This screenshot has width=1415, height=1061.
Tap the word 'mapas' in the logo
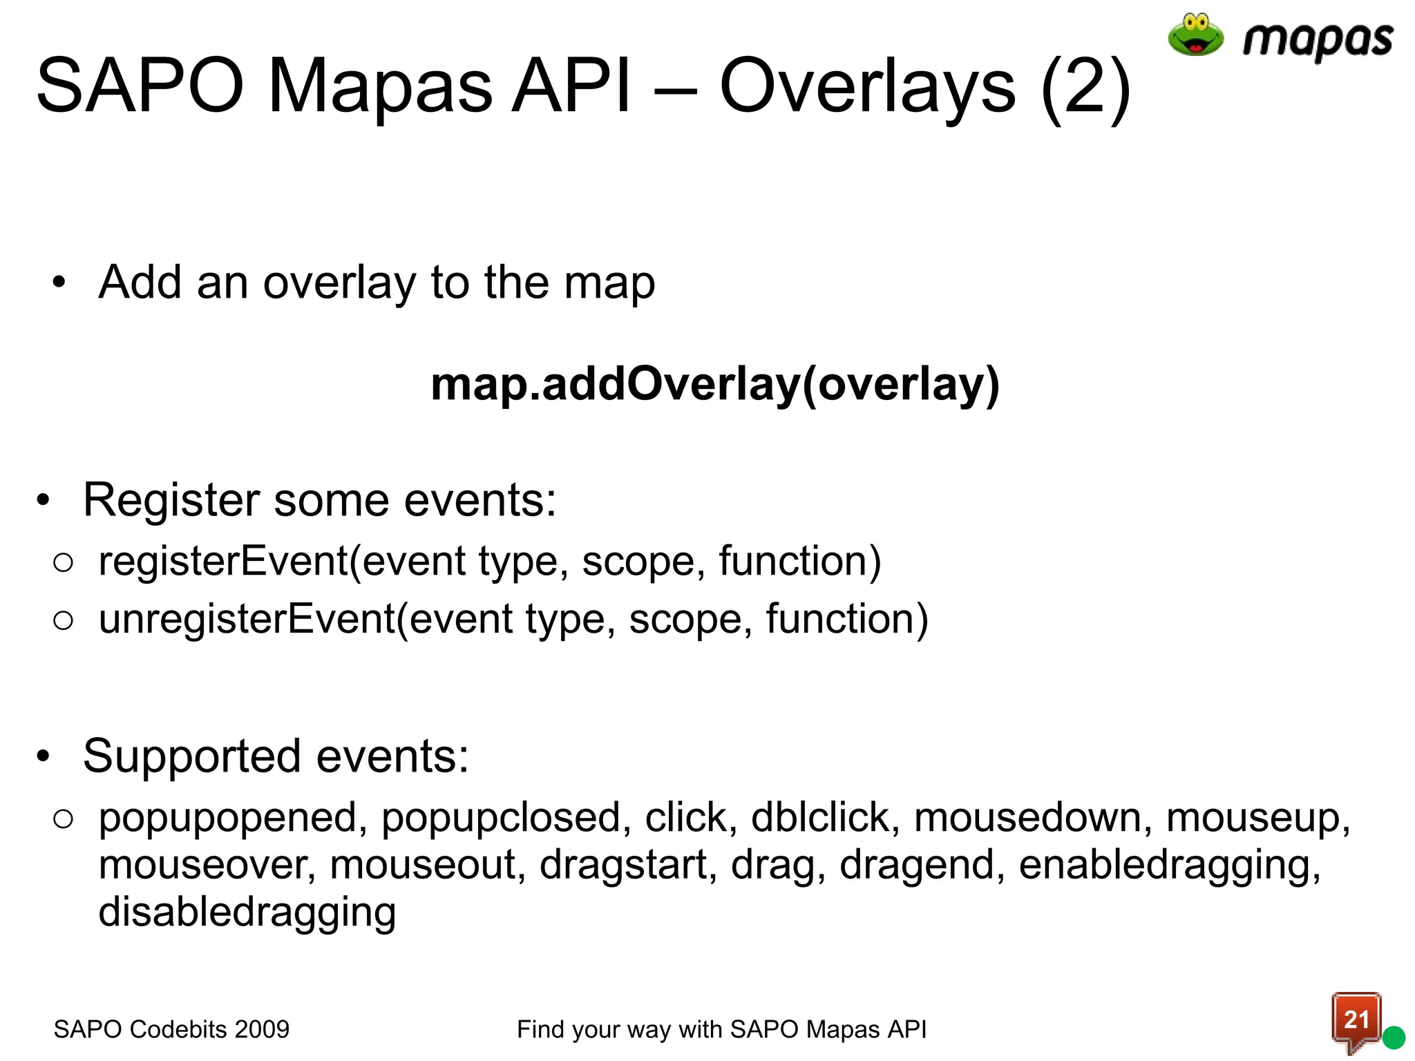point(1318,40)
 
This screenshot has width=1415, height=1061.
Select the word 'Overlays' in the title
point(868,87)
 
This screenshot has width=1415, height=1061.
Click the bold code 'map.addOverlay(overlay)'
point(715,384)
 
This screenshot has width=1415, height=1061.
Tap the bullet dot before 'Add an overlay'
point(59,283)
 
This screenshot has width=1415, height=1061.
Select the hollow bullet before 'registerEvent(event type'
point(63,562)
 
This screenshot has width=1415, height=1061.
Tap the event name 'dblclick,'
point(825,818)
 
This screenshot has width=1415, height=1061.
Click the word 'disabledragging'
point(247,912)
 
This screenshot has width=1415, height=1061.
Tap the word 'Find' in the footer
point(541,1029)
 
